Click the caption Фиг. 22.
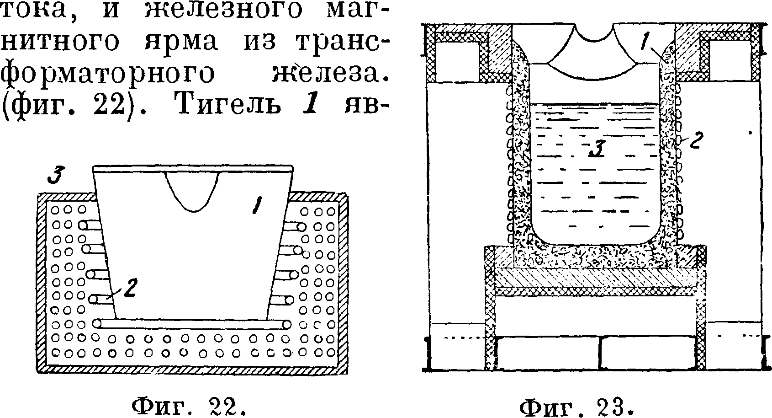pos(189,405)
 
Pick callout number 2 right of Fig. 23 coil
pos(695,140)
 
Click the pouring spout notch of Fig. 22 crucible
pos(194,192)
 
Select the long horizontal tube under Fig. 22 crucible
pos(192,324)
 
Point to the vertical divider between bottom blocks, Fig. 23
pos(600,353)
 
